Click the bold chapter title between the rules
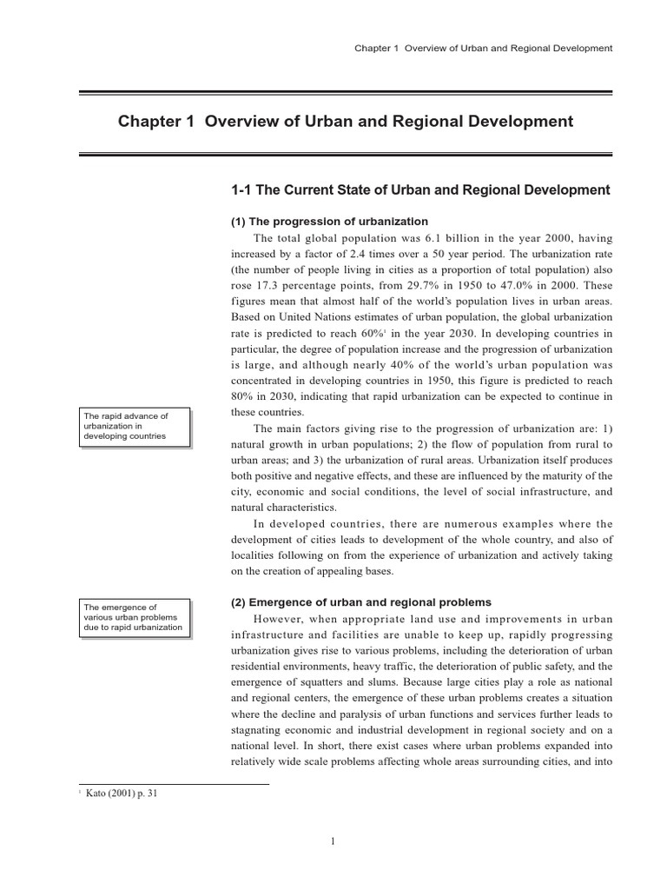click(x=345, y=122)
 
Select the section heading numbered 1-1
click(x=420, y=190)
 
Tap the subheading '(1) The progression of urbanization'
click(x=329, y=222)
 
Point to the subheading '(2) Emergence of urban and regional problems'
click(x=361, y=602)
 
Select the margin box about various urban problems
click(x=134, y=616)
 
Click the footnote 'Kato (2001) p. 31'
click(x=122, y=793)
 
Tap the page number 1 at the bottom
click(x=333, y=841)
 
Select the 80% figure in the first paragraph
click(x=244, y=395)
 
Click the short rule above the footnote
click(x=174, y=783)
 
